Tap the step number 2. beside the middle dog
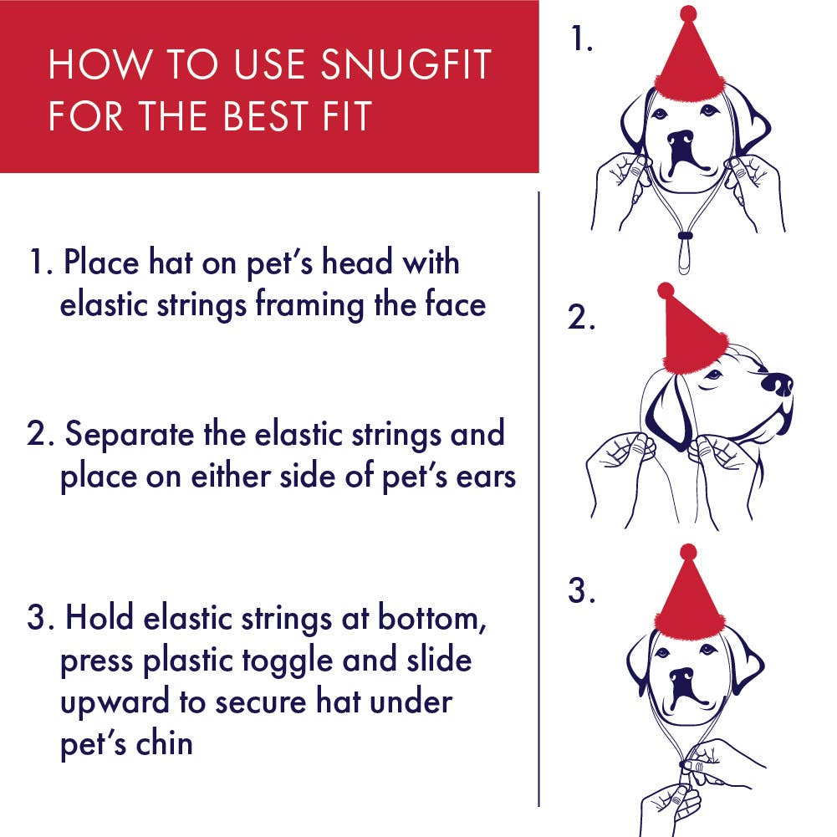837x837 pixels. (x=582, y=319)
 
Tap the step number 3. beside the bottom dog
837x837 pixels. (x=582, y=591)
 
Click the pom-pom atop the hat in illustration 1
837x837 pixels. (x=687, y=13)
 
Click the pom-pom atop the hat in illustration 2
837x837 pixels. (x=666, y=290)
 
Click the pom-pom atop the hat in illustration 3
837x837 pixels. (x=687, y=552)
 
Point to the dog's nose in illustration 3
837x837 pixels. (x=682, y=676)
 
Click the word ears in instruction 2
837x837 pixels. (x=482, y=477)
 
